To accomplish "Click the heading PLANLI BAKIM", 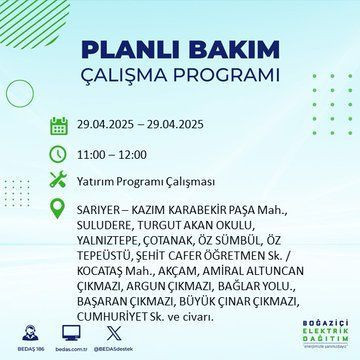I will (179, 51).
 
